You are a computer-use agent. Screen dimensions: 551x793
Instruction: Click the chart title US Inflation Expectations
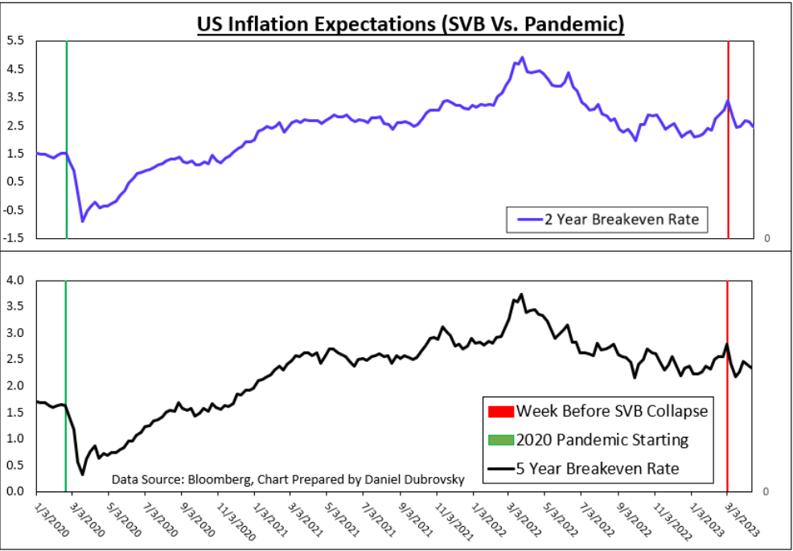410,24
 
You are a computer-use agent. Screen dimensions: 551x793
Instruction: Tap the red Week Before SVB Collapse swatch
499,411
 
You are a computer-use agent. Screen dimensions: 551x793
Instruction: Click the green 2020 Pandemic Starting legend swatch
499,440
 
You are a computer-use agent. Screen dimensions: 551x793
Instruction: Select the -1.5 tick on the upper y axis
14,239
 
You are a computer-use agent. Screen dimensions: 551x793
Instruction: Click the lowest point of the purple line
82,221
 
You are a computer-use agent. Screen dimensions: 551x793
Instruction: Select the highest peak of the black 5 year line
521,294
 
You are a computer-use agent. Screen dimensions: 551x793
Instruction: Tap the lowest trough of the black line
82,475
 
